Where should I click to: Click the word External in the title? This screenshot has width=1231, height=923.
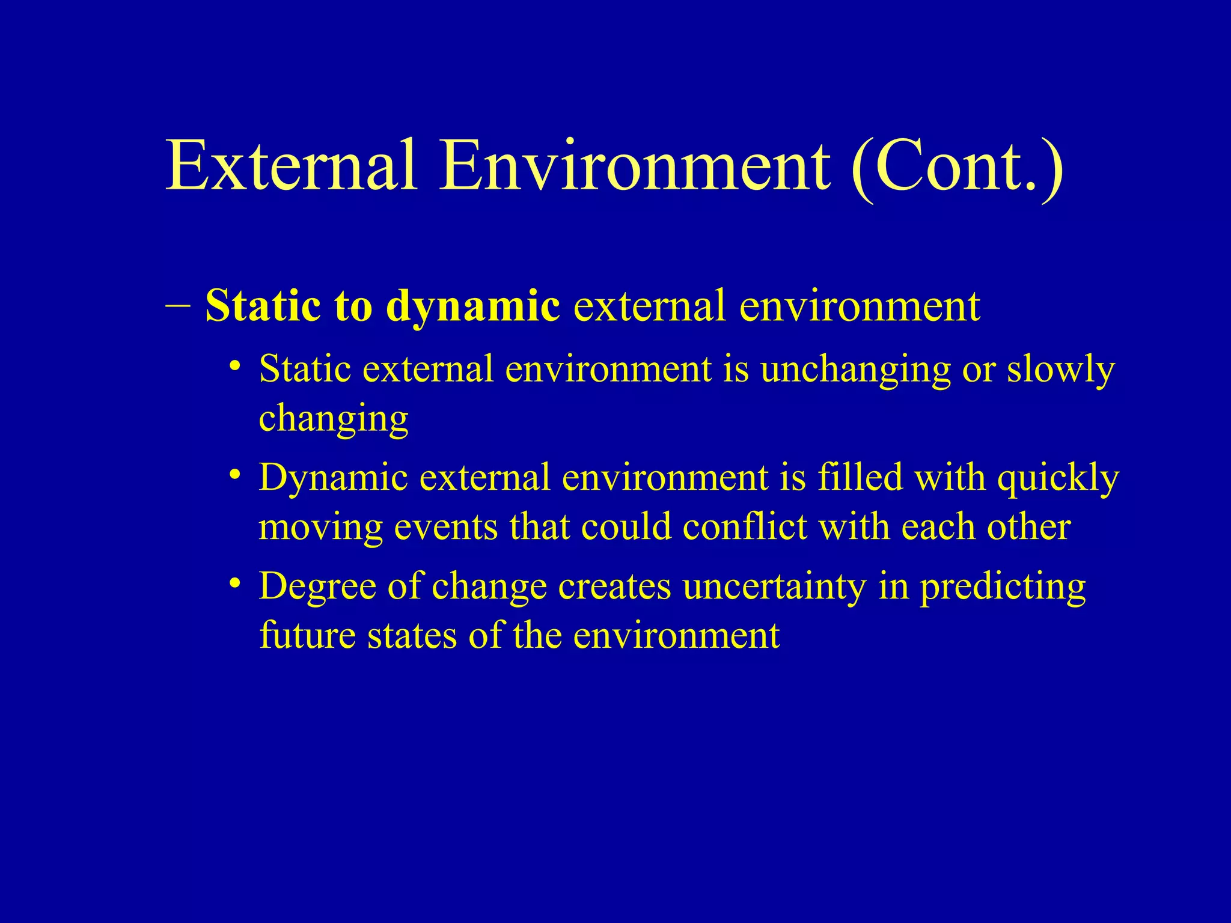click(x=292, y=165)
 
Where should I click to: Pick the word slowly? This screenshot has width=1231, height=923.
click(x=1061, y=370)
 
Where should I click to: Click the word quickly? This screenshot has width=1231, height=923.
click(x=1058, y=480)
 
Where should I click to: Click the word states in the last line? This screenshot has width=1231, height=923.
click(x=412, y=636)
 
